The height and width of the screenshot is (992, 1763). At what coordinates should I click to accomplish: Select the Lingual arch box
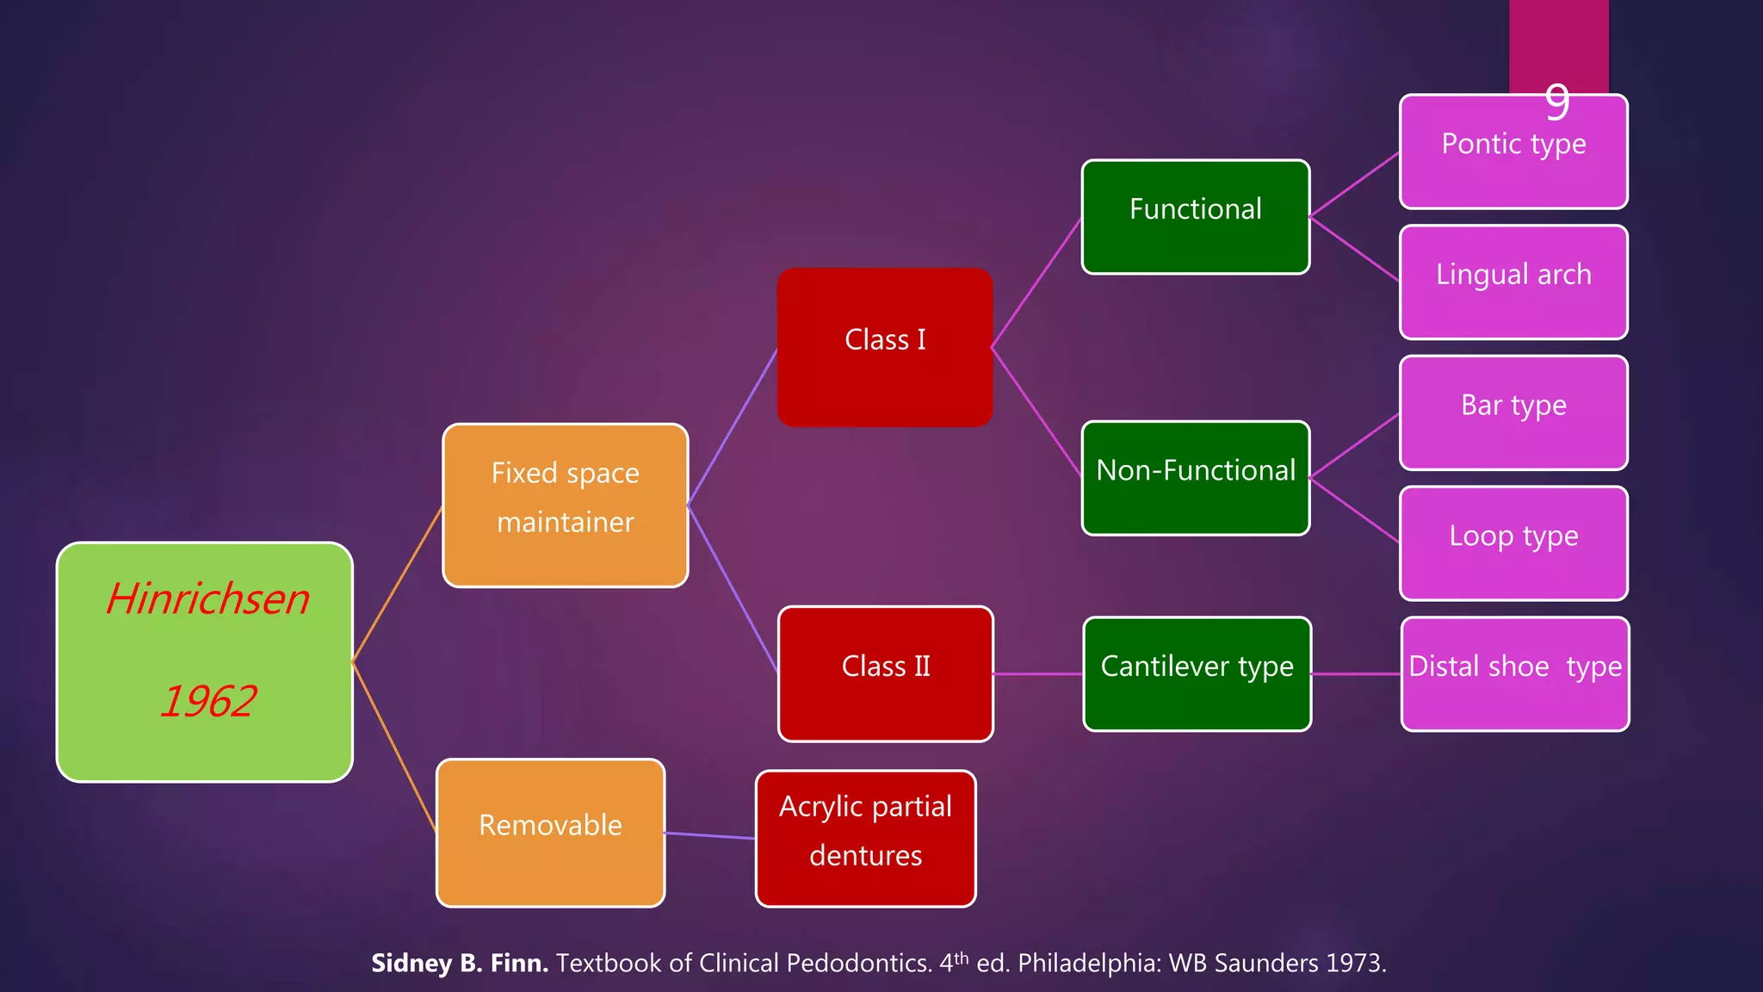(x=1513, y=282)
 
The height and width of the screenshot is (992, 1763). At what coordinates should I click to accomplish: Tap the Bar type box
(x=1513, y=413)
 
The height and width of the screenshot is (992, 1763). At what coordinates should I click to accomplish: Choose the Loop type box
(x=1513, y=543)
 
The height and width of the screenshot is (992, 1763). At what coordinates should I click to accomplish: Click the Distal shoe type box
(x=1514, y=674)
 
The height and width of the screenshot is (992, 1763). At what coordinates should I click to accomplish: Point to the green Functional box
(x=1195, y=217)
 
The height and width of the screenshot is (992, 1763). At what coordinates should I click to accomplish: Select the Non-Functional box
(x=1195, y=478)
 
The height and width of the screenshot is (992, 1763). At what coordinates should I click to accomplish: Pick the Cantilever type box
(x=1197, y=674)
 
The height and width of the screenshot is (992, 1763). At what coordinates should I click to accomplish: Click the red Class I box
(x=885, y=347)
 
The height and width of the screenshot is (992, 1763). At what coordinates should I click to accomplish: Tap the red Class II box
(x=885, y=674)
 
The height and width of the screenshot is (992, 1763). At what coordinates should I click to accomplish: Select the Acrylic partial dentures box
(x=865, y=838)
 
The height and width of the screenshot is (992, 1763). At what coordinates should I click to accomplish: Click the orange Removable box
(x=550, y=833)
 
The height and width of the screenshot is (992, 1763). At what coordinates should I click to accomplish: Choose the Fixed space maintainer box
(x=565, y=505)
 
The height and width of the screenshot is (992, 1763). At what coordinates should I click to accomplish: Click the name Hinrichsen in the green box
(x=207, y=598)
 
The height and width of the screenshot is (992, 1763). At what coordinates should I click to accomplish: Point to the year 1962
(x=207, y=701)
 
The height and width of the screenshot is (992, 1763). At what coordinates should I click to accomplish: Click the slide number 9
(x=1556, y=102)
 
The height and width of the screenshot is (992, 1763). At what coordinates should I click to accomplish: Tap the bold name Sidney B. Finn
(x=459, y=963)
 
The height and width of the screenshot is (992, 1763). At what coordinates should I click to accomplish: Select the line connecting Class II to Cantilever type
(x=1038, y=674)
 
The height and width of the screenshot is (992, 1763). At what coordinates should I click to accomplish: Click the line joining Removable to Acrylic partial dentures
(x=710, y=835)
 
